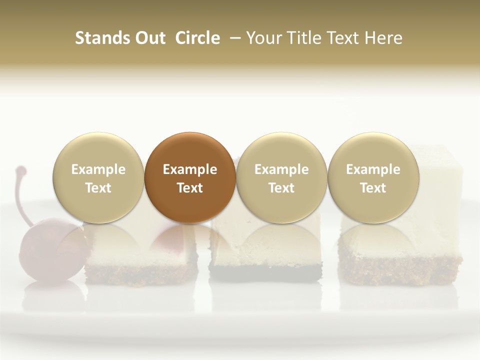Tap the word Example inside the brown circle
coord(190,169)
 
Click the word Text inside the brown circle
coord(190,188)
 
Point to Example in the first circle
coord(98,169)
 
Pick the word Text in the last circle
coord(373,188)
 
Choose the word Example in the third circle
coord(281,169)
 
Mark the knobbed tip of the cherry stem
coord(20,170)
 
